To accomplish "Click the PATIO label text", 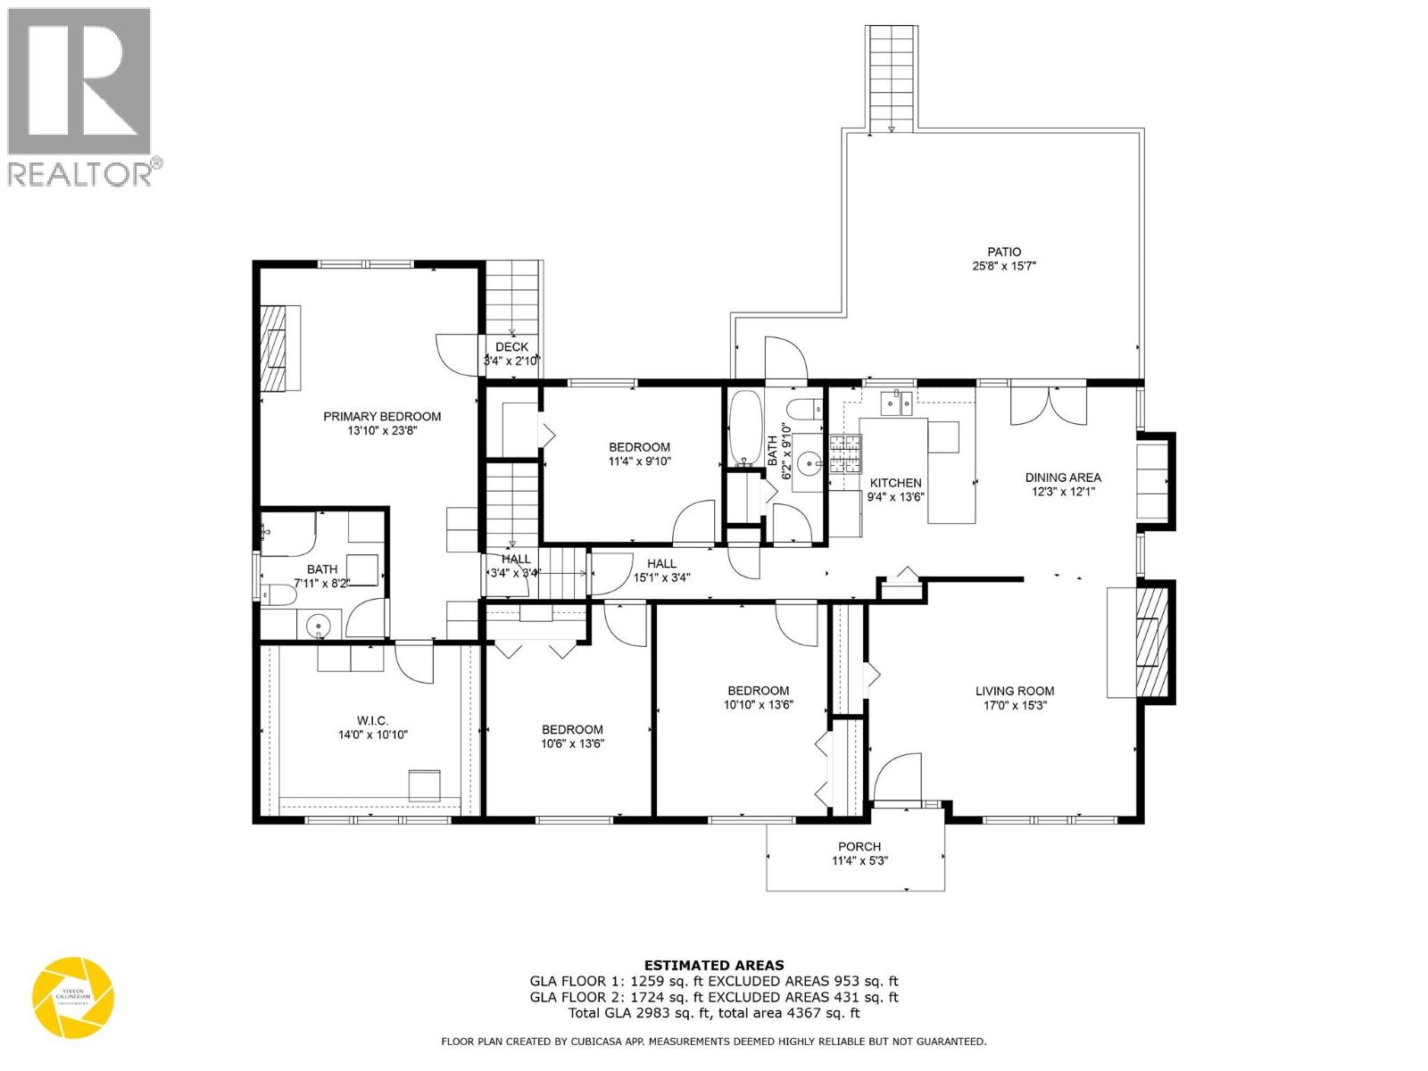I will (1003, 252).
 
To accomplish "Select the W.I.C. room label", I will (372, 720).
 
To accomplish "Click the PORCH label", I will (859, 846).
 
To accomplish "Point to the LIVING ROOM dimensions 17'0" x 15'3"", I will (1014, 704).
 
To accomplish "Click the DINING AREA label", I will (1062, 477).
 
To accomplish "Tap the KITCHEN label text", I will (895, 483).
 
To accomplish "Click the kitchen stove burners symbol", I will (847, 453).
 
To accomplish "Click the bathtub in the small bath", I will (743, 428).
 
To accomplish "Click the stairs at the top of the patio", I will (892, 79).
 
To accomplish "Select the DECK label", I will (511, 347).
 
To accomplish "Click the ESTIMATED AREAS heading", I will (714, 965).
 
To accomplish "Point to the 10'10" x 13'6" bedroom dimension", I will (758, 704).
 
